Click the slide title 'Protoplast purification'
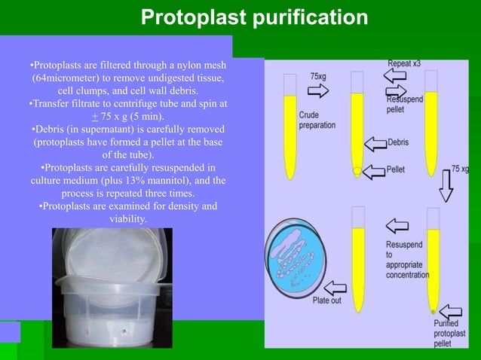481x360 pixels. pyautogui.click(x=255, y=17)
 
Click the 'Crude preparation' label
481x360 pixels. pyautogui.click(x=317, y=120)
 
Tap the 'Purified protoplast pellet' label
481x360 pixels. pyautogui.click(x=452, y=333)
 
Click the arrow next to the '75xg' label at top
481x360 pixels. pyautogui.click(x=319, y=90)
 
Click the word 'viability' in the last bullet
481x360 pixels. pyautogui.click(x=127, y=218)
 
